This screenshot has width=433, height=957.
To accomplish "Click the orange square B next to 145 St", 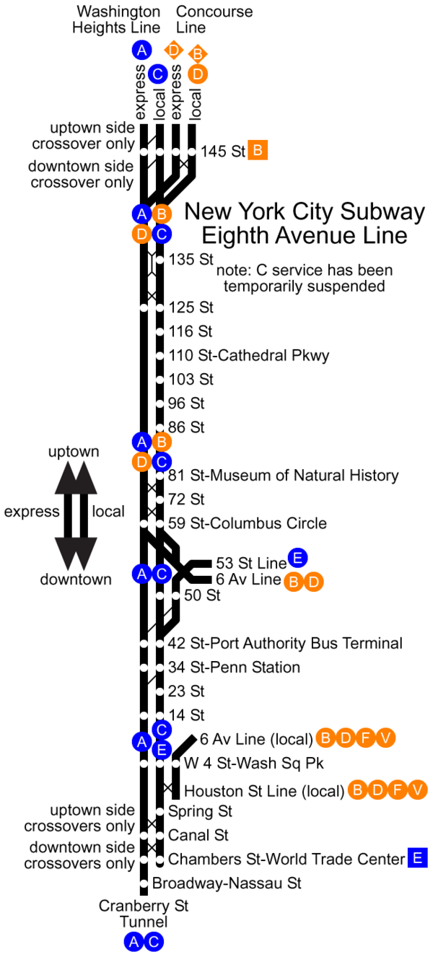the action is click(x=258, y=150).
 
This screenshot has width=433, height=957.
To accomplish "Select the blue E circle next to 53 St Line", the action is click(x=297, y=558).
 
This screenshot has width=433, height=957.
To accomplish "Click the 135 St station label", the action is click(x=191, y=259).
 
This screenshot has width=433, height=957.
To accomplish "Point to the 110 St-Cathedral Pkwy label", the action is click(x=249, y=356).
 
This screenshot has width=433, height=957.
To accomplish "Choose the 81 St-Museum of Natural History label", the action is click(x=284, y=475).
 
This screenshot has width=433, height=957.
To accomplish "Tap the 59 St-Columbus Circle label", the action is click(x=248, y=523).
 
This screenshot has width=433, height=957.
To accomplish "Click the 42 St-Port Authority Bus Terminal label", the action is click(x=285, y=643).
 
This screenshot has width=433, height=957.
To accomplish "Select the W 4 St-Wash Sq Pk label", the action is click(x=253, y=763).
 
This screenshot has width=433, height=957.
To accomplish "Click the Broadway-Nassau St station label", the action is click(x=227, y=883).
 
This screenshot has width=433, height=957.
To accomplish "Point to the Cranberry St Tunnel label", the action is click(x=144, y=914).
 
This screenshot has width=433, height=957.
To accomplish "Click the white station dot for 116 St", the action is click(x=159, y=331).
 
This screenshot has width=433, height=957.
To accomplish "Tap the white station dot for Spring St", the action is click(x=159, y=811).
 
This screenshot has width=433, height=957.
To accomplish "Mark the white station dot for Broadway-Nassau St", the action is click(x=144, y=883).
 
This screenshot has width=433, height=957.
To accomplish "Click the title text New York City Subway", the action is click(x=305, y=212).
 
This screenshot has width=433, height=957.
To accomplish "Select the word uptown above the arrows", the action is click(x=74, y=452).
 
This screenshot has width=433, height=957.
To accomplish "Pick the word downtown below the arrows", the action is click(x=76, y=580).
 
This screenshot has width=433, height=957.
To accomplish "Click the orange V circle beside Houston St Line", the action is click(x=417, y=790).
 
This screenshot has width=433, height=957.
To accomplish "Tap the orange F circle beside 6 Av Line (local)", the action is click(x=366, y=738).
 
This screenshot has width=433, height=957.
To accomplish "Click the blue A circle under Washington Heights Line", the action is click(x=141, y=51).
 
